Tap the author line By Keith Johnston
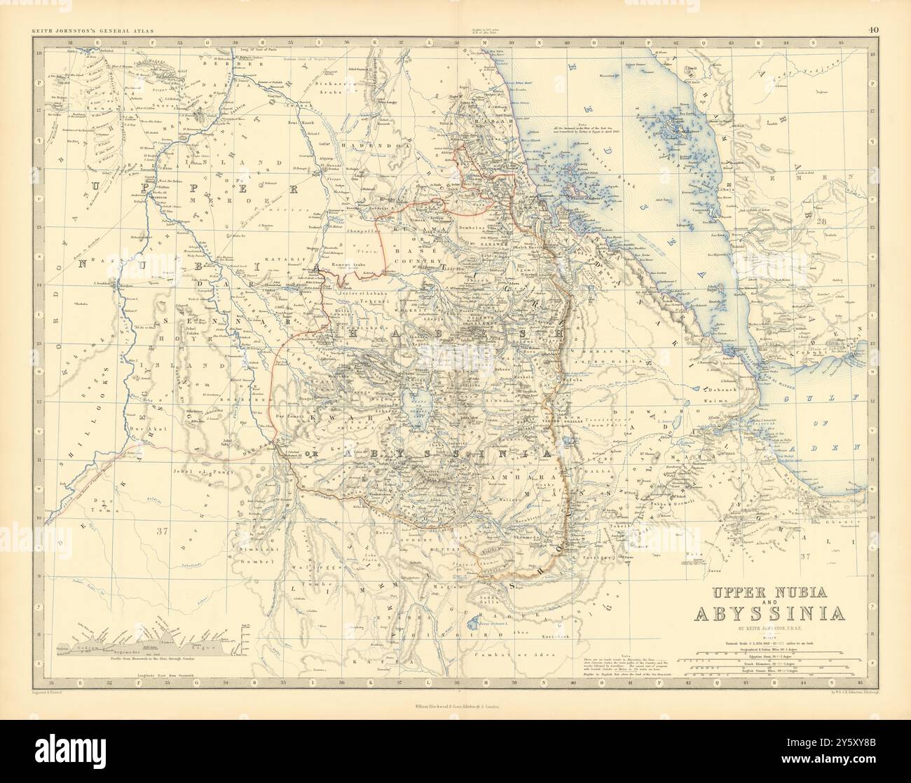pos(769,629)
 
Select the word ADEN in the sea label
pos(841,447)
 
